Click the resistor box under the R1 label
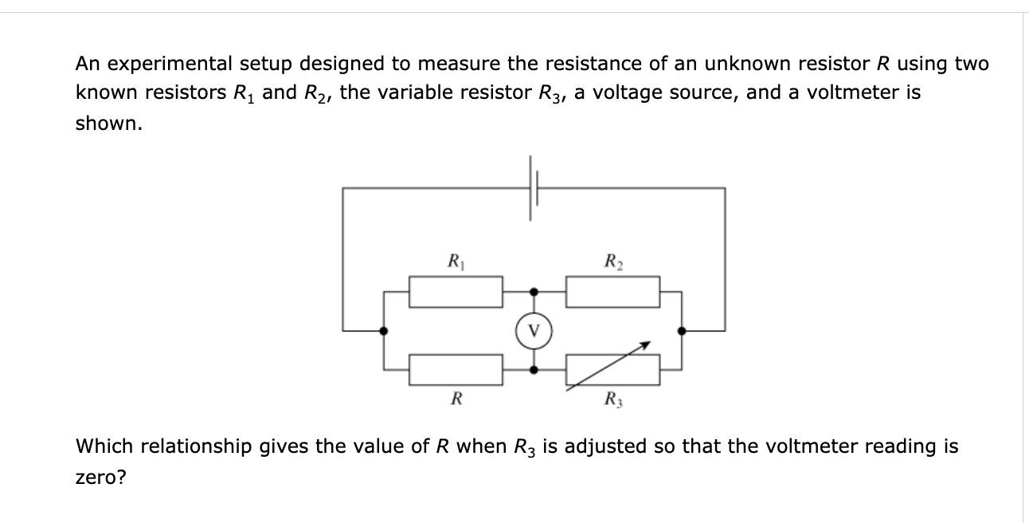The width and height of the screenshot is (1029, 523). (456, 291)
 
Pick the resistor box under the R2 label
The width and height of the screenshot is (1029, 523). (612, 291)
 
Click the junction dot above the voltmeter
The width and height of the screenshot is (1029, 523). (534, 292)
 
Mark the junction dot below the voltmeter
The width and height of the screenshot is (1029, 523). (534, 369)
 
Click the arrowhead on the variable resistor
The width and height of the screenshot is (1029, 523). (646, 345)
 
